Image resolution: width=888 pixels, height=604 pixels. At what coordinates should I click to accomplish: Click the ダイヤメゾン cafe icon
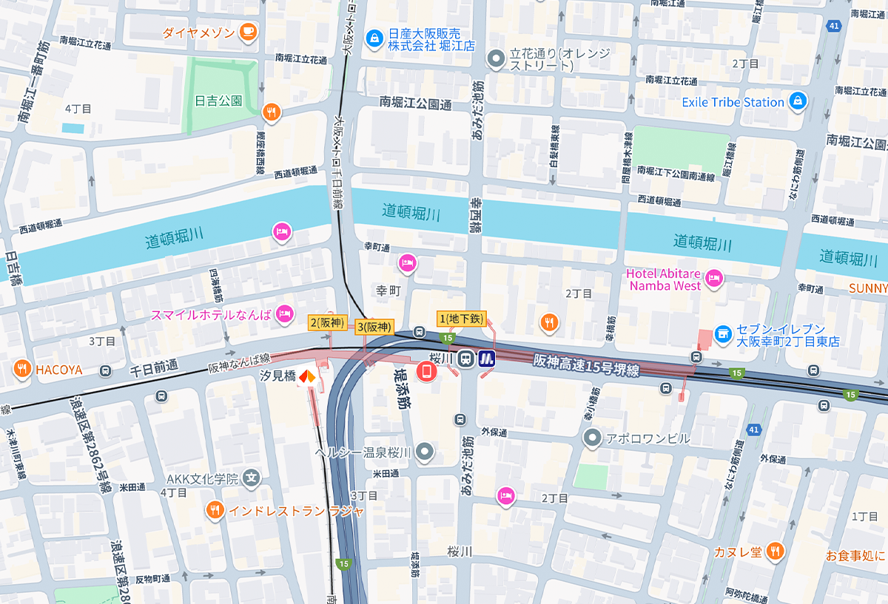click(248, 32)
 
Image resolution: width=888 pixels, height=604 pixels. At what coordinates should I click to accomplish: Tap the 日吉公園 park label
click(218, 101)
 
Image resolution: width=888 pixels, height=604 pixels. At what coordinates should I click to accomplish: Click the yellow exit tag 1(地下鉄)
click(462, 319)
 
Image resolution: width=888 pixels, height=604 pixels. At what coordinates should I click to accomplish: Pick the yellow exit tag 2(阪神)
click(327, 322)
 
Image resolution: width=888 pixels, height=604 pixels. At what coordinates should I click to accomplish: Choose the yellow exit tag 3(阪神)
click(374, 326)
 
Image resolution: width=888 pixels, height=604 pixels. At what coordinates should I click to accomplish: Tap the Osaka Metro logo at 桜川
click(487, 359)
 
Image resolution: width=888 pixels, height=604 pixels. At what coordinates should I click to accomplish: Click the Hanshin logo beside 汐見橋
click(306, 377)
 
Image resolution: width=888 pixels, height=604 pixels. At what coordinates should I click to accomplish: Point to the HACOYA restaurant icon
click(22, 368)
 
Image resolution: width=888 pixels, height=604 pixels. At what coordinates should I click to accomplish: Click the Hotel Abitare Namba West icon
click(713, 278)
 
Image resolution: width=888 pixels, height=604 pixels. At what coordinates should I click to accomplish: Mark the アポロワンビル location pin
click(592, 438)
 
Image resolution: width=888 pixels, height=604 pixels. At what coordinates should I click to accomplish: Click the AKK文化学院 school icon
click(252, 478)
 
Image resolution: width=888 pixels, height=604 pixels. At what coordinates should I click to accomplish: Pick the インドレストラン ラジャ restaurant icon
click(215, 510)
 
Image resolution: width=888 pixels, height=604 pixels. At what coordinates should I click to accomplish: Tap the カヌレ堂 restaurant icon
click(775, 550)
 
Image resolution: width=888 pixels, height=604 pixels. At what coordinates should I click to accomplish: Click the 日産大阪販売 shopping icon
click(374, 37)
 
